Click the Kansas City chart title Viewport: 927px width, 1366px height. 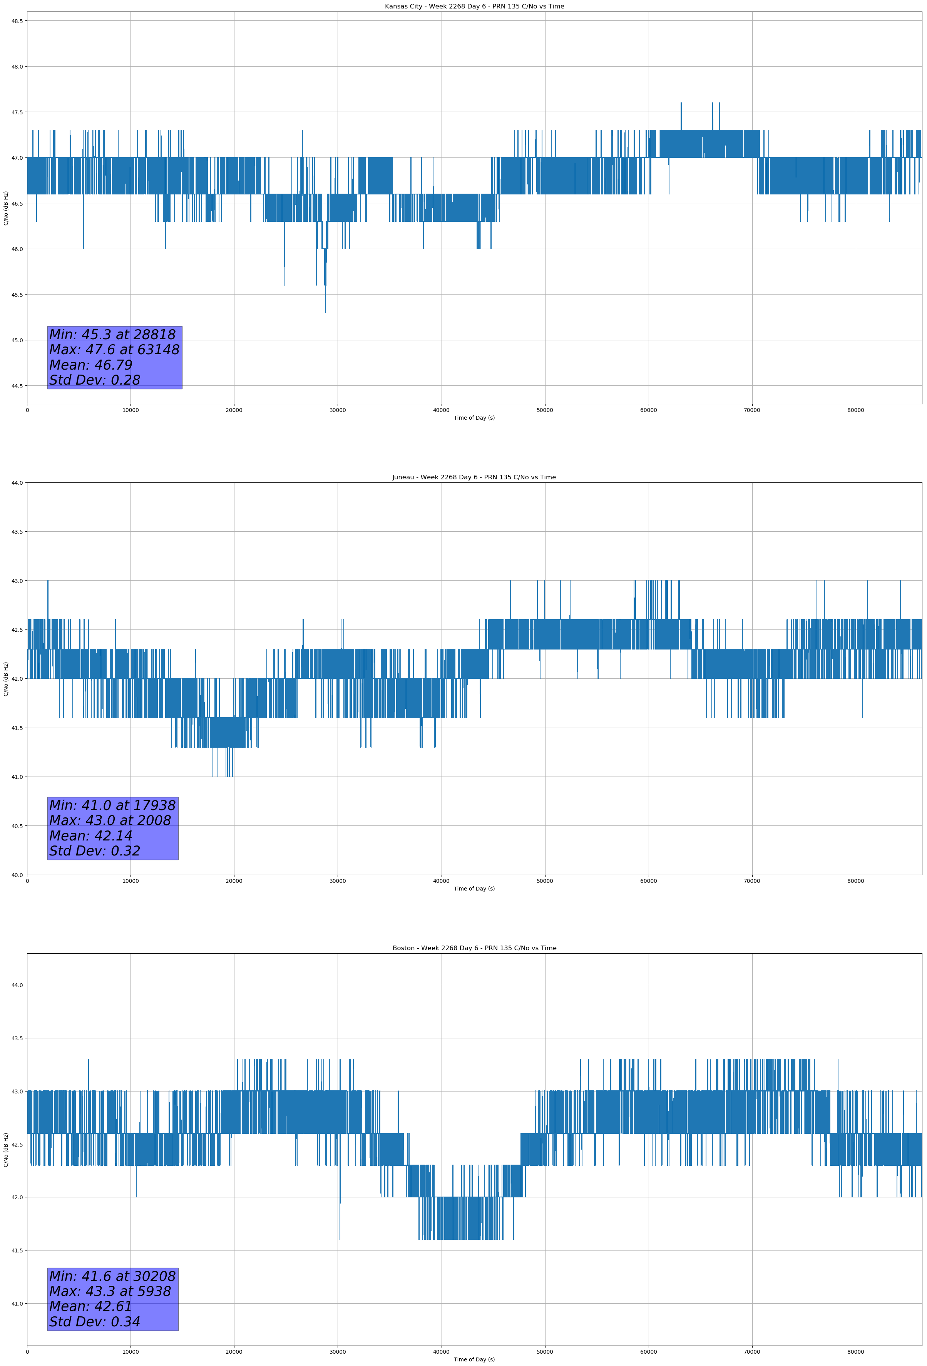474,7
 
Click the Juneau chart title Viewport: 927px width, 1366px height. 474,477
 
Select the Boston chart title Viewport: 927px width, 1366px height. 474,948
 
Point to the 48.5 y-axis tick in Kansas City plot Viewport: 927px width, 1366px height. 17,21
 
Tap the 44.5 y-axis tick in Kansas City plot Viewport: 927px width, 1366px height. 17,386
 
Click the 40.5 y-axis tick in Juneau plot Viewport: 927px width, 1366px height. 17,826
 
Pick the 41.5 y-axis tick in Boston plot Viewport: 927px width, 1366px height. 17,1251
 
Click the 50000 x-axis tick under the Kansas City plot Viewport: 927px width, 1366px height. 544,410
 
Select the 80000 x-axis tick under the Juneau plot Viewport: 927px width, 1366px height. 855,881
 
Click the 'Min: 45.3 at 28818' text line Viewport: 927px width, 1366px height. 112,335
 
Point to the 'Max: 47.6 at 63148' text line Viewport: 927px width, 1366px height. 114,350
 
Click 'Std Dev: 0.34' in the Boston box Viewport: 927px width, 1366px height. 95,1322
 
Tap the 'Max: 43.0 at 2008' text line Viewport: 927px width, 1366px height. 110,820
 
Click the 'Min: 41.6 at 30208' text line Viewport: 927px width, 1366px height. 112,1276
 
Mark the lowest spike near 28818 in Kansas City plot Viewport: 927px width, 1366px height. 326,311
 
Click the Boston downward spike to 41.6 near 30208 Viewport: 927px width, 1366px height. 340,1239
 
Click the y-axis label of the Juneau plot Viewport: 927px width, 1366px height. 6,679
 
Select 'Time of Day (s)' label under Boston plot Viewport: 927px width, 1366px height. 474,1359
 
